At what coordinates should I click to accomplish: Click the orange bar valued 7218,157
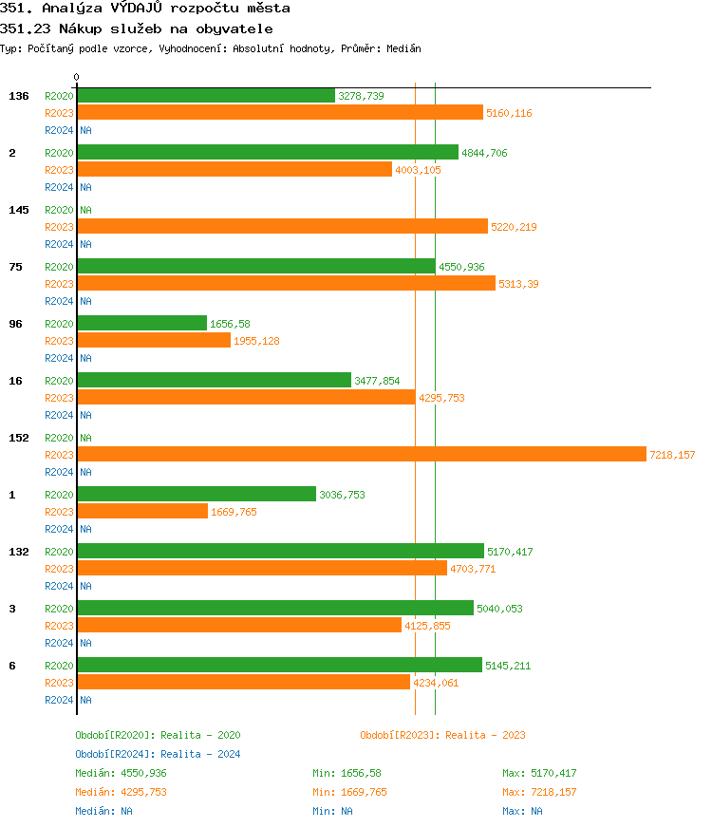361,455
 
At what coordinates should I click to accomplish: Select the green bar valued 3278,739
206,96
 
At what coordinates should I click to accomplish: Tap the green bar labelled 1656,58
141,324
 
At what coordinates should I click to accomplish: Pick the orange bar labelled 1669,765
142,512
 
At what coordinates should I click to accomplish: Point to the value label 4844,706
484,153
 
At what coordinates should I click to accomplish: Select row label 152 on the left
19,438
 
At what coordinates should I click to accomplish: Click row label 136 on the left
19,96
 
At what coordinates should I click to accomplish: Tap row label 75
16,267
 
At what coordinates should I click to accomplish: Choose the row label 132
19,552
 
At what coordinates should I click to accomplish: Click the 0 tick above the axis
77,77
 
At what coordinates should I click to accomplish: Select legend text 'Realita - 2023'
485,735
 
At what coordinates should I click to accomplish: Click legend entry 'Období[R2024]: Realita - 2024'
158,754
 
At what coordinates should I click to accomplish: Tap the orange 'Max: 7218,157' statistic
539,792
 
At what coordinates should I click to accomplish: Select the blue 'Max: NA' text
522,811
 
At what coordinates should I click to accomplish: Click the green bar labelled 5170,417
280,552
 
